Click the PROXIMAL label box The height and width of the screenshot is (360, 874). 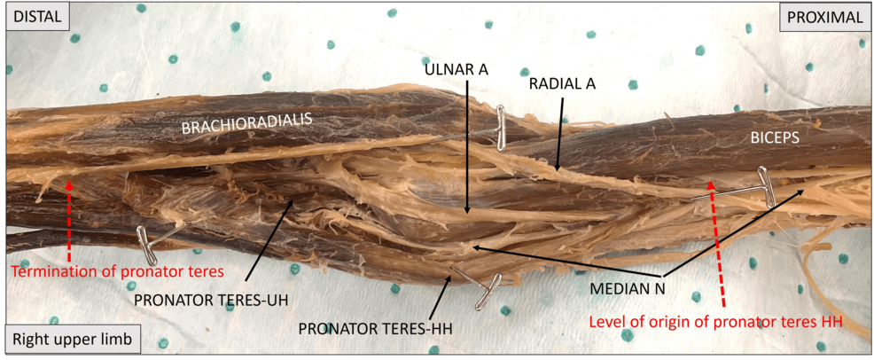(823, 18)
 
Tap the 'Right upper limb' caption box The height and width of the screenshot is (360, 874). (70, 339)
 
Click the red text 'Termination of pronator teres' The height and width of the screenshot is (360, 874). (118, 272)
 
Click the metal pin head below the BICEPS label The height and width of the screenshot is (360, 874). (765, 186)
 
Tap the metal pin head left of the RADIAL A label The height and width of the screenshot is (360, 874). (501, 129)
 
